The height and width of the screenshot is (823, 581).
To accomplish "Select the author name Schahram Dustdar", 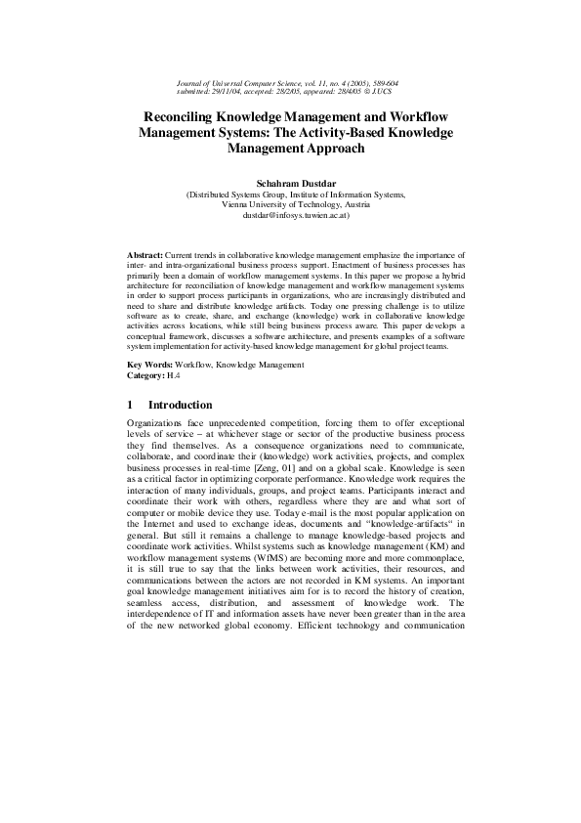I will point(290,183).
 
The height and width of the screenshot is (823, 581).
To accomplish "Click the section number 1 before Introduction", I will point(131,405).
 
